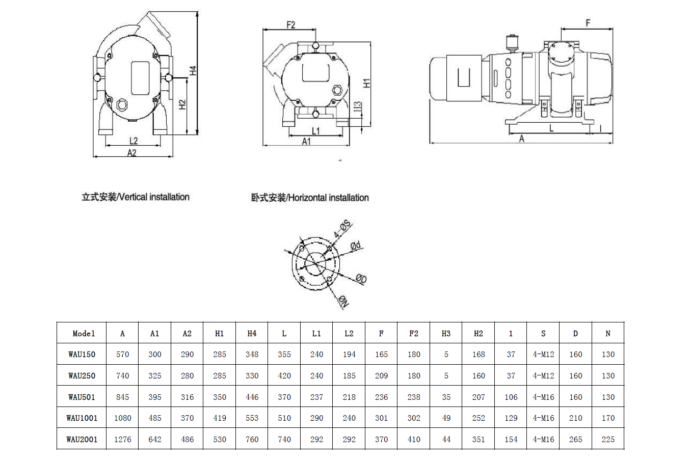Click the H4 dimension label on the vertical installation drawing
pyautogui.click(x=193, y=70)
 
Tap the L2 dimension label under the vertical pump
pyautogui.click(x=134, y=141)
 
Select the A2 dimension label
pyautogui.click(x=131, y=153)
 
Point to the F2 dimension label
pyautogui.click(x=290, y=24)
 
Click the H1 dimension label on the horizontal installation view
pyautogui.click(x=366, y=83)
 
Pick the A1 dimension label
pyautogui.click(x=306, y=142)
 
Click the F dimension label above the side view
pyautogui.click(x=588, y=23)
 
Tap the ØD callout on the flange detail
pyautogui.click(x=361, y=279)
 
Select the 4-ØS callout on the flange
pyautogui.click(x=343, y=229)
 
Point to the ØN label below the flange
pyautogui.click(x=343, y=302)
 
